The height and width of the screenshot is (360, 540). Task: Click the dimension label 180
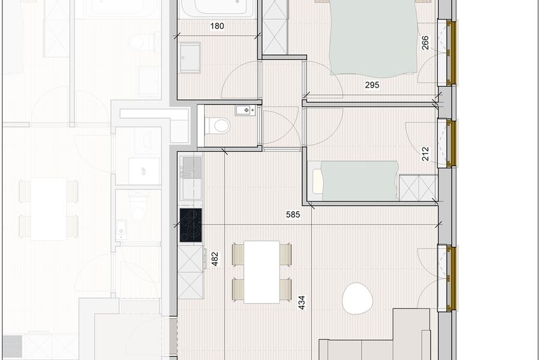tap(217, 26)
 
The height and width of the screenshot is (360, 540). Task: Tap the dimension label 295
tap(372, 85)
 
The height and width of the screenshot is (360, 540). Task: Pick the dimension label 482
tap(215, 258)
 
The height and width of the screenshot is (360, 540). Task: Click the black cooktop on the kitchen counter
tap(191, 224)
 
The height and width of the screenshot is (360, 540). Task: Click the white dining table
tap(262, 271)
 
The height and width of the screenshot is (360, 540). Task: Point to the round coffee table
tap(356, 298)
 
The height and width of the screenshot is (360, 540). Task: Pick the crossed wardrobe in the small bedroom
tap(418, 187)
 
